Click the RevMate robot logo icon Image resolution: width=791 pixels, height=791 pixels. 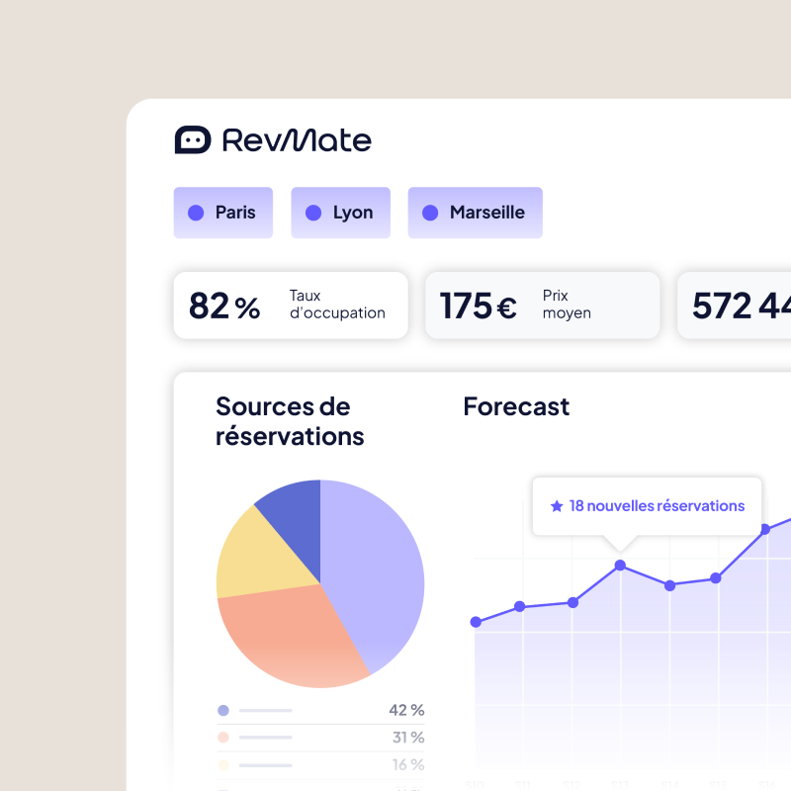pyautogui.click(x=193, y=140)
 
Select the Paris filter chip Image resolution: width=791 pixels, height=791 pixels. pyautogui.click(x=222, y=213)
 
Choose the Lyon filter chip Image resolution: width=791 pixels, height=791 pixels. pyautogui.click(x=340, y=213)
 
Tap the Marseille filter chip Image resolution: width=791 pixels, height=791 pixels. pyautogui.click(x=475, y=213)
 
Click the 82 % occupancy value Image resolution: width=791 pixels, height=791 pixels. pyautogui.click(x=224, y=306)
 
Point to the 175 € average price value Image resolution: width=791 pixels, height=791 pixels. pyautogui.click(x=479, y=306)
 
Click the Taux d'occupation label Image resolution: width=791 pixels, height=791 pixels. pyautogui.click(x=337, y=305)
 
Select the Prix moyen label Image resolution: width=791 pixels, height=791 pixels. pyautogui.click(x=567, y=305)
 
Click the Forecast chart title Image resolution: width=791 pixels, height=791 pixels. pyautogui.click(x=516, y=406)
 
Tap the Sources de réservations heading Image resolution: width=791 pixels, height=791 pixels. pyautogui.click(x=289, y=421)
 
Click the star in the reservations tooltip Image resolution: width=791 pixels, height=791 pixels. pyautogui.click(x=557, y=506)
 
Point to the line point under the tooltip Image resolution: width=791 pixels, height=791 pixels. pyautogui.click(x=620, y=566)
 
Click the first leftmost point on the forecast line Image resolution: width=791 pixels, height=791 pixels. pyautogui.click(x=476, y=622)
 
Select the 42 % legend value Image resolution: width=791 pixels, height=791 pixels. pyautogui.click(x=406, y=710)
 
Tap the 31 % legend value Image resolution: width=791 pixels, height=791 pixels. pyautogui.click(x=407, y=738)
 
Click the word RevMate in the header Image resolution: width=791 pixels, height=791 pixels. pyautogui.click(x=297, y=140)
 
